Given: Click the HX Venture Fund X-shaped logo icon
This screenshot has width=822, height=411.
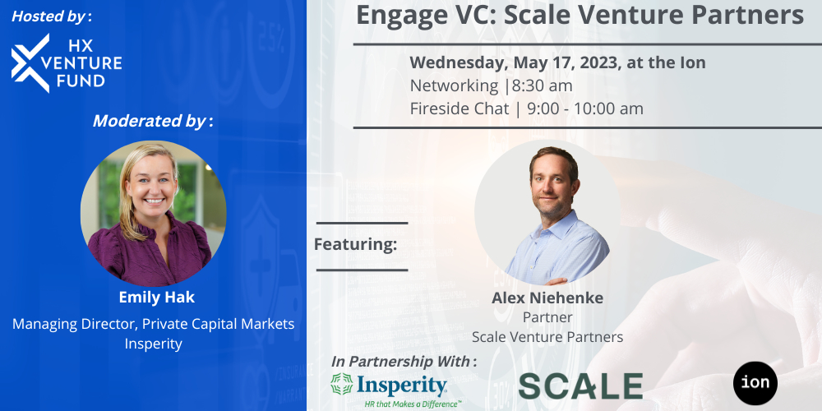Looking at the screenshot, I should click(x=30, y=62).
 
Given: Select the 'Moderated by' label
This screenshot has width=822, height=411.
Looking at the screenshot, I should click(x=152, y=121).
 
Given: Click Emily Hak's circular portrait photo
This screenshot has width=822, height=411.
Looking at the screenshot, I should click(x=153, y=214).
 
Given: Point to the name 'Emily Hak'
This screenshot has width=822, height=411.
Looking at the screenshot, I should click(x=154, y=297).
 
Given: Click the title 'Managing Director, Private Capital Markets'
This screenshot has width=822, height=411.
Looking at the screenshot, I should click(x=154, y=324).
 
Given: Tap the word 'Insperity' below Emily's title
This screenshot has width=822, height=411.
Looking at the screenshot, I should click(x=154, y=344).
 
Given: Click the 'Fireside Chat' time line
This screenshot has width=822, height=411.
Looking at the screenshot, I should click(x=526, y=109).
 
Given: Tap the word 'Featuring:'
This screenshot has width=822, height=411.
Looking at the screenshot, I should click(x=355, y=244).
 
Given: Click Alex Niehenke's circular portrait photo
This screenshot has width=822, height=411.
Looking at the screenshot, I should click(x=547, y=215).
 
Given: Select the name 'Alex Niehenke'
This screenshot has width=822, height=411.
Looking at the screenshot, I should click(x=547, y=297).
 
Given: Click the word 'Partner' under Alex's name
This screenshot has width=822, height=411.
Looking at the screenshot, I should click(x=547, y=317).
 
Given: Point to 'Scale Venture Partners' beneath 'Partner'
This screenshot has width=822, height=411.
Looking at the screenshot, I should click(x=547, y=337).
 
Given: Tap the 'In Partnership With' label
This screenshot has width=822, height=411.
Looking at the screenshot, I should click(x=404, y=361).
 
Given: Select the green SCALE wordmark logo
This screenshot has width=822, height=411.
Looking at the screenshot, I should click(x=580, y=386).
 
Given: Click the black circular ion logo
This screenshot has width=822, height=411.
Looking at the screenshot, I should click(x=755, y=384).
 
